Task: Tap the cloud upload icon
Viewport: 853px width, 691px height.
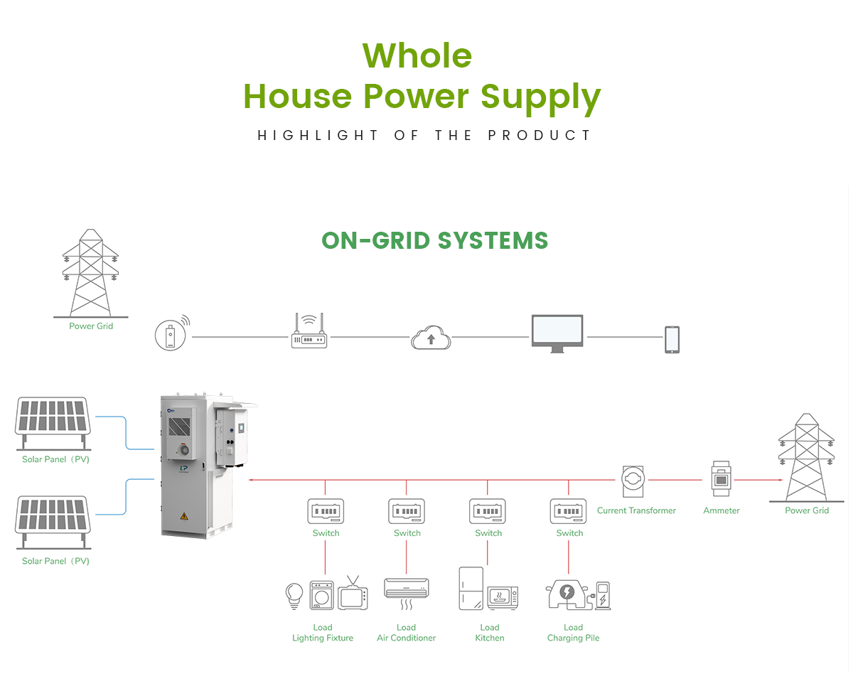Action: (431, 337)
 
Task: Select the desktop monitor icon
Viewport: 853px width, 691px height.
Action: (557, 333)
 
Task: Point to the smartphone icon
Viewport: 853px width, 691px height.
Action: (672, 339)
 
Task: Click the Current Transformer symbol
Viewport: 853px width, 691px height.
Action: (632, 481)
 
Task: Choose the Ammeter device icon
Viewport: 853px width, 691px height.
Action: (721, 479)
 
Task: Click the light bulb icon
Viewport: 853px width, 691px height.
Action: (294, 595)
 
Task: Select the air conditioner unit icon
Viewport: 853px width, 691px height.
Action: (407, 589)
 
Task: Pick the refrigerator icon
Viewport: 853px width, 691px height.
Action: (471, 588)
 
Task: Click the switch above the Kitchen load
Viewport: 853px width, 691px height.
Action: (488, 511)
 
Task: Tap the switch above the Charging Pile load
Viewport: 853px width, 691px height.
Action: (569, 511)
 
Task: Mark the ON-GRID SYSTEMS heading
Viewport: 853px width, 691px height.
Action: (435, 240)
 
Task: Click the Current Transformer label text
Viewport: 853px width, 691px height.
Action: (636, 510)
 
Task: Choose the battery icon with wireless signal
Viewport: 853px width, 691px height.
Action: (171, 335)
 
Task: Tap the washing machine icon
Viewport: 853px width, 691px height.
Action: (322, 595)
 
